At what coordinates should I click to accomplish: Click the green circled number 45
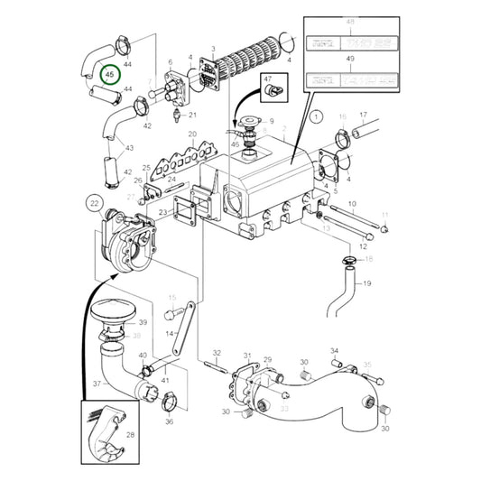[108, 76]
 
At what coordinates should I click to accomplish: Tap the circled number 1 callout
[315, 116]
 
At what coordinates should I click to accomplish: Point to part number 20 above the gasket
[192, 134]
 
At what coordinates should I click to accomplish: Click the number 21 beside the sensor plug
[191, 116]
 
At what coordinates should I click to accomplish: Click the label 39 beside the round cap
[142, 323]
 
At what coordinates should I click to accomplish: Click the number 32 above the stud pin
[217, 352]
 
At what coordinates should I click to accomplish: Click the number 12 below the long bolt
[362, 246]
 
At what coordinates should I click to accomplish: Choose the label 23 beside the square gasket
[162, 212]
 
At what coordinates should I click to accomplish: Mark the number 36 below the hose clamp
[169, 421]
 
